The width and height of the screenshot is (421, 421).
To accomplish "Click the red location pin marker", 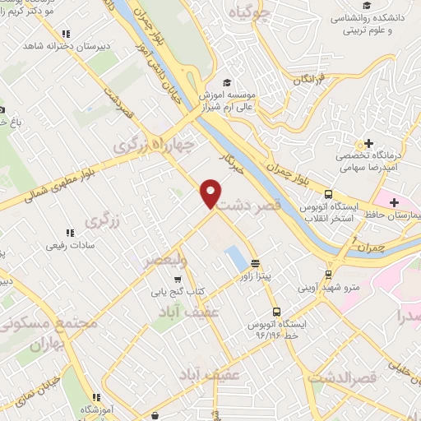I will [210, 192].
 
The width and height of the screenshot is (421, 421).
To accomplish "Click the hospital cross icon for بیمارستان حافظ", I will [393, 201].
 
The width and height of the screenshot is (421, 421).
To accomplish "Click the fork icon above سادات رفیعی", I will [69, 233].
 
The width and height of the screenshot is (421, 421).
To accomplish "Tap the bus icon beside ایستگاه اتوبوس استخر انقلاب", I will [328, 195].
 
